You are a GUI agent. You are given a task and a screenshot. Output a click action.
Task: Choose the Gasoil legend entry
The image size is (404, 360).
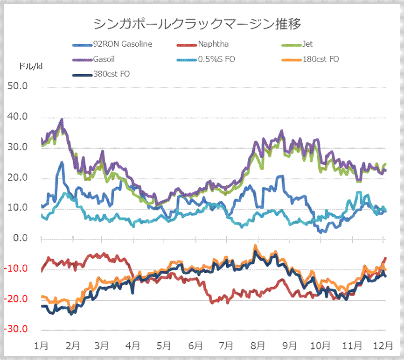(x=104, y=59)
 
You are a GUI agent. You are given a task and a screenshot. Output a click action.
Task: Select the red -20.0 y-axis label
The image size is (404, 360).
(x=16, y=299)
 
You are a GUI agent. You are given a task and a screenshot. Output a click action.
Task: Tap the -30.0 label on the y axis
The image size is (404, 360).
(x=16, y=330)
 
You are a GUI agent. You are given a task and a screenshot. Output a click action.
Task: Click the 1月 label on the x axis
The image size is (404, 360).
(x=42, y=346)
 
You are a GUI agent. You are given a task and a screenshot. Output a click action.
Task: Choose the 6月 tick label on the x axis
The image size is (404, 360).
(x=195, y=346)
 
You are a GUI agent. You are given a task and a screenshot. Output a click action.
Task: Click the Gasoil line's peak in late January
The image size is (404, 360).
(x=62, y=120)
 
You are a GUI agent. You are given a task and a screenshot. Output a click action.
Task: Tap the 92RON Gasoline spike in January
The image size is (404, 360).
(x=62, y=162)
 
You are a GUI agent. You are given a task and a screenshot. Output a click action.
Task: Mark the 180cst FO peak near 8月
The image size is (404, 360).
(x=256, y=246)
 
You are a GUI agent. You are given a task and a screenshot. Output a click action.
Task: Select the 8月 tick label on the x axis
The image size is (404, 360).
(x=258, y=346)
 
